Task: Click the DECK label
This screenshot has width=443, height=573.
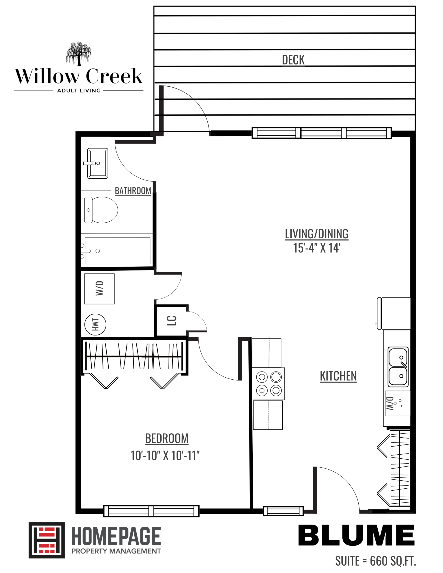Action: point(293,60)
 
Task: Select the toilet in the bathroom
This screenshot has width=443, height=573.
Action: point(101,210)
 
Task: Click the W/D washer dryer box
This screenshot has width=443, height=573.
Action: point(99,289)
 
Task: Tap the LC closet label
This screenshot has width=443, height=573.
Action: point(172,321)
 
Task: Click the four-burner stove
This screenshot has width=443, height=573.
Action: point(268,384)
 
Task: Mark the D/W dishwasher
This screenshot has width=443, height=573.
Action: point(397,403)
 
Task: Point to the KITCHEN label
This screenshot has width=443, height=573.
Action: point(338,376)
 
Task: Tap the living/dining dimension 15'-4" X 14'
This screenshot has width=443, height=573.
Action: point(317,248)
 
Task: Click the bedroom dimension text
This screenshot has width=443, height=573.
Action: point(165,456)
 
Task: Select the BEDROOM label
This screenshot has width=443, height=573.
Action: point(167,438)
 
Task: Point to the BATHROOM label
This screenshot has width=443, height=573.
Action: point(133,191)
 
